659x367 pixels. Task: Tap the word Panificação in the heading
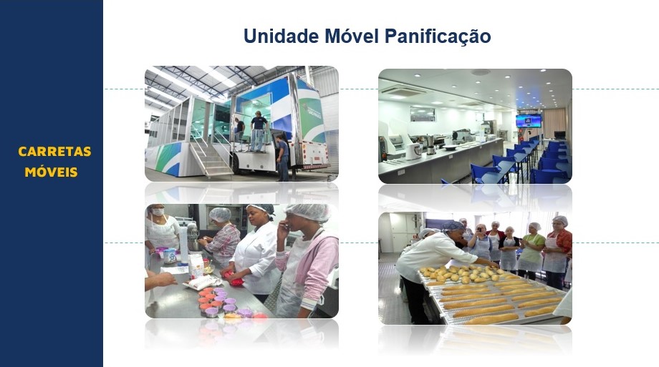point(438,36)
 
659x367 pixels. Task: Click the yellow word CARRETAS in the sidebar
point(54,152)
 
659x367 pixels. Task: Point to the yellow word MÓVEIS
point(52,172)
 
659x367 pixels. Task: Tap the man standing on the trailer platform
point(259,131)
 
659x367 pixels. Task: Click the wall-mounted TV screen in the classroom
point(529,120)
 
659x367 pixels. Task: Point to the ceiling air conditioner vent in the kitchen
point(403,90)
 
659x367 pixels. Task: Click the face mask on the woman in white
point(158,212)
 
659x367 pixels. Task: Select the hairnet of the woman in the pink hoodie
point(309,212)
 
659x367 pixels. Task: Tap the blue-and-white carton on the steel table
point(170,255)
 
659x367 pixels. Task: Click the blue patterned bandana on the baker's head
point(451,226)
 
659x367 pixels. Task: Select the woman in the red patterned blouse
point(557,252)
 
